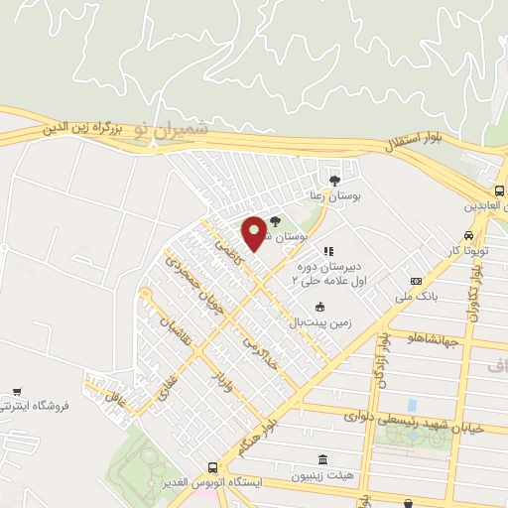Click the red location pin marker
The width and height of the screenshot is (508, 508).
[255, 232]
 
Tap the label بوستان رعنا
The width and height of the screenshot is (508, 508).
[332, 197]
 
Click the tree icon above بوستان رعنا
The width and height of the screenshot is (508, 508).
[333, 181]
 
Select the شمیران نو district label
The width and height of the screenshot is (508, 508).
[174, 129]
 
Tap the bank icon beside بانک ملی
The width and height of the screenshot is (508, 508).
[417, 281]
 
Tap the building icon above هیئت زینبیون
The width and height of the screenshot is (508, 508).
[322, 459]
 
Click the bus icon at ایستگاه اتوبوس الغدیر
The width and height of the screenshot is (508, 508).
[212, 467]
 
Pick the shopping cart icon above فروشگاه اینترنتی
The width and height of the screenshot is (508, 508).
[16, 392]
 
